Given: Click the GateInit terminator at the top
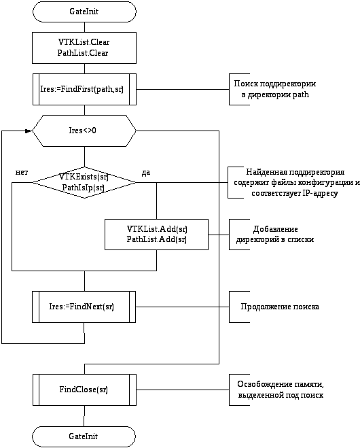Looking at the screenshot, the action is [x=84, y=12].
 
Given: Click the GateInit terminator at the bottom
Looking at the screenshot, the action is [x=84, y=436].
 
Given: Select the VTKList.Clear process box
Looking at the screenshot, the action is [x=84, y=48].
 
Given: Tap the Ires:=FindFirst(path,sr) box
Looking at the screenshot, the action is [x=84, y=90].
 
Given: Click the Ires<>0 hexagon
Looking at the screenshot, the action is [x=84, y=131].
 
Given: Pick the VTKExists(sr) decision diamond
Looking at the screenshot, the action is [x=84, y=182].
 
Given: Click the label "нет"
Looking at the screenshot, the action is [x=22, y=172].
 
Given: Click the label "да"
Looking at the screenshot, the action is [x=145, y=173].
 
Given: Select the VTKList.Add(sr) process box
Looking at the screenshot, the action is [x=156, y=235].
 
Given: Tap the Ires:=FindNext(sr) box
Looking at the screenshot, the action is [x=84, y=307].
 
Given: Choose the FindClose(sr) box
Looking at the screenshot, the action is [x=84, y=390].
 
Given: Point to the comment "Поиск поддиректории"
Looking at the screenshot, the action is [x=275, y=84].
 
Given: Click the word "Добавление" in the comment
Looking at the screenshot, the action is [x=276, y=229].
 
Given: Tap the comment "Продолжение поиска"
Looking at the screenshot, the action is [x=280, y=307].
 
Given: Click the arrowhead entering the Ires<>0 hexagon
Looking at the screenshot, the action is [x=29, y=131].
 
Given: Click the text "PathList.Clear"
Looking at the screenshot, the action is [x=83, y=53].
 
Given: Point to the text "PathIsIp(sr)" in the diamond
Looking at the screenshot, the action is [x=84, y=188].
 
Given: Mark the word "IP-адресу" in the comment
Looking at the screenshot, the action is [x=320, y=194].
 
